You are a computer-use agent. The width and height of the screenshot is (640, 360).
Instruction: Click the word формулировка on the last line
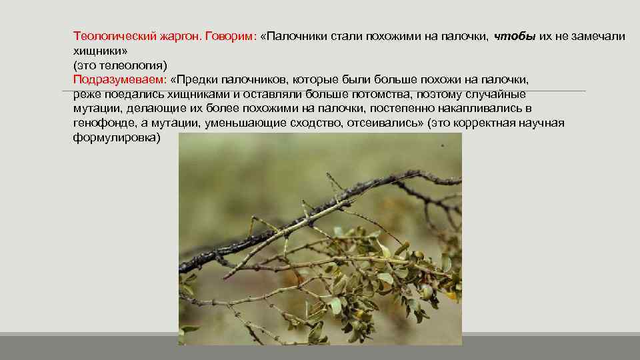coord(115,137)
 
